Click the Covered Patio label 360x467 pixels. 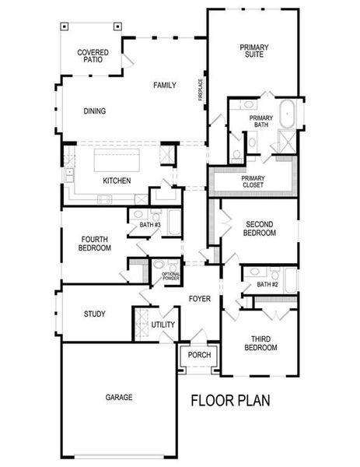[x=93, y=57]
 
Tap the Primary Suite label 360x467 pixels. [x=253, y=51]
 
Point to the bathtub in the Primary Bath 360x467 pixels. [x=287, y=114]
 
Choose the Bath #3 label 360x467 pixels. [x=149, y=226]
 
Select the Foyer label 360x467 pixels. [x=201, y=298]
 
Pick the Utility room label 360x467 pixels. [x=163, y=325]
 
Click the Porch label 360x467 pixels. [x=200, y=355]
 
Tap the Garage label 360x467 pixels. [x=119, y=397]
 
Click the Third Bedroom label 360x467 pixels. [x=261, y=343]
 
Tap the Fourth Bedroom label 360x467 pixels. [x=95, y=244]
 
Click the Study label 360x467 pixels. [x=95, y=314]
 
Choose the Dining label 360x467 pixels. [x=95, y=111]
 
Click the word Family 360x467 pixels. [x=164, y=85]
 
